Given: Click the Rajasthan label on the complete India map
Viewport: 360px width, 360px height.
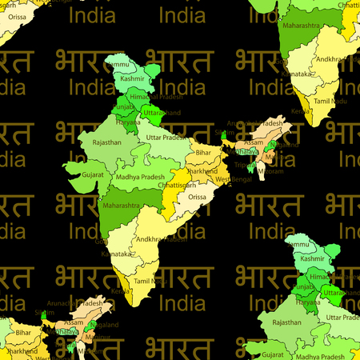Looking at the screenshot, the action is tap(106, 142).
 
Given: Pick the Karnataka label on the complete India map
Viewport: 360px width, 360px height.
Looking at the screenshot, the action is tap(118, 253).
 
